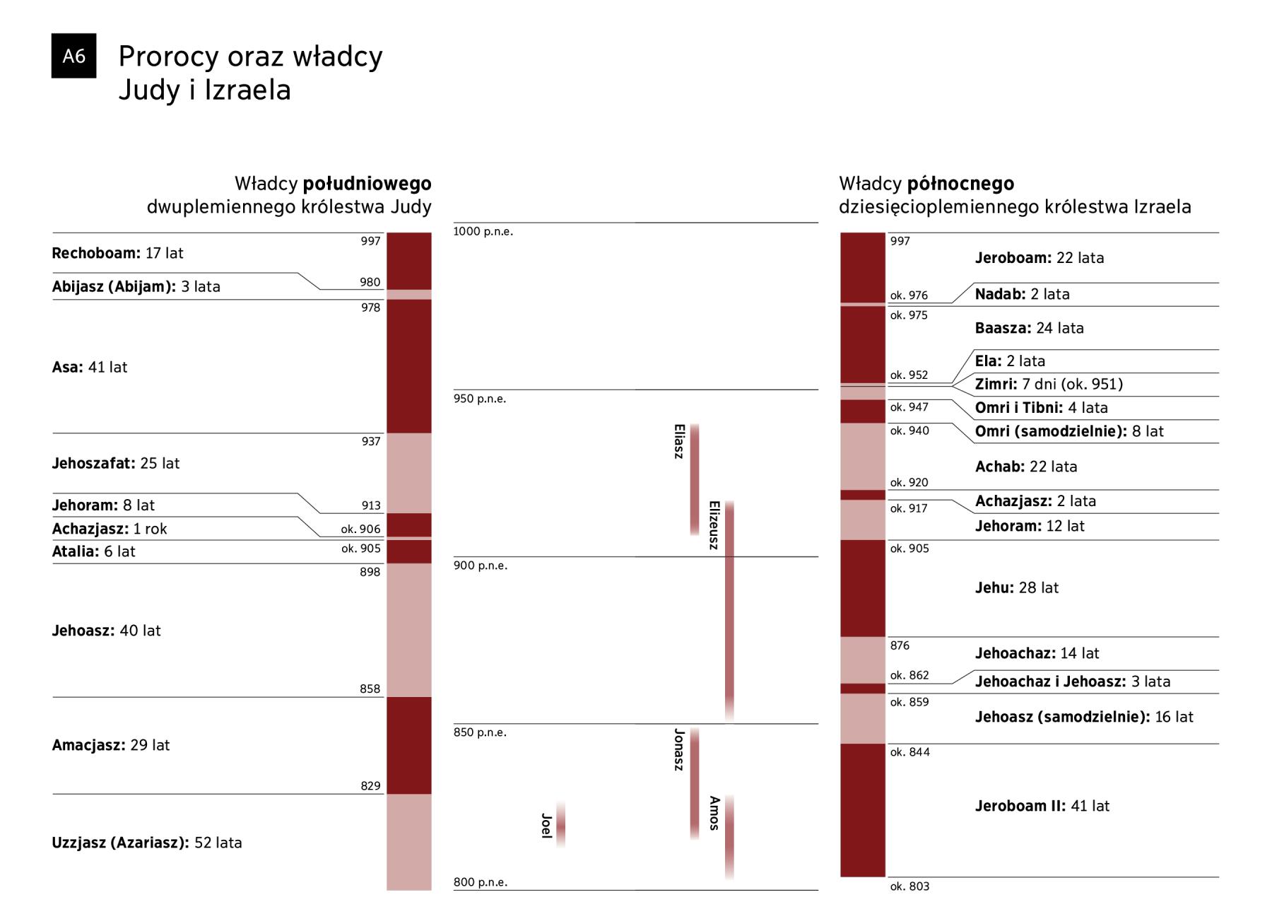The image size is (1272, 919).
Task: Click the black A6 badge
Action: (x=73, y=56)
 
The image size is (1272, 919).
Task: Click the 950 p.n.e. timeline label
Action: (x=479, y=399)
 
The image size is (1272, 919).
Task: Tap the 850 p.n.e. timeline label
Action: (x=479, y=732)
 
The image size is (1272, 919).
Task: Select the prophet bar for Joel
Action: (x=560, y=824)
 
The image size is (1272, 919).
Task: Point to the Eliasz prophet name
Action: (x=679, y=441)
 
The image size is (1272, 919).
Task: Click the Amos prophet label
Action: (x=714, y=813)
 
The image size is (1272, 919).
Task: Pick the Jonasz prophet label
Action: (x=679, y=749)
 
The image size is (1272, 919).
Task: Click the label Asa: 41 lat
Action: (x=90, y=367)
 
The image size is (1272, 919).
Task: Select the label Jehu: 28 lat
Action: (x=1016, y=587)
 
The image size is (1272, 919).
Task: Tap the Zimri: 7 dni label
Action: (x=1049, y=384)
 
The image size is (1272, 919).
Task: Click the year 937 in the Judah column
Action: (x=370, y=441)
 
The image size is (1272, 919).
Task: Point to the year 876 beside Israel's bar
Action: (x=900, y=645)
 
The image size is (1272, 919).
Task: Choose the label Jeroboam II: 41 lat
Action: (x=1042, y=806)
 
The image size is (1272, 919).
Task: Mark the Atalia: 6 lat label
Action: (x=93, y=551)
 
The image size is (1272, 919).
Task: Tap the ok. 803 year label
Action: (x=909, y=886)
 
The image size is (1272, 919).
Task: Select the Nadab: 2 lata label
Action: (x=1022, y=294)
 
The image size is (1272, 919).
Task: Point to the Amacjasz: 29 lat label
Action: (x=111, y=745)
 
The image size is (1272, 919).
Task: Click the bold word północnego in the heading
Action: (x=960, y=184)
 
